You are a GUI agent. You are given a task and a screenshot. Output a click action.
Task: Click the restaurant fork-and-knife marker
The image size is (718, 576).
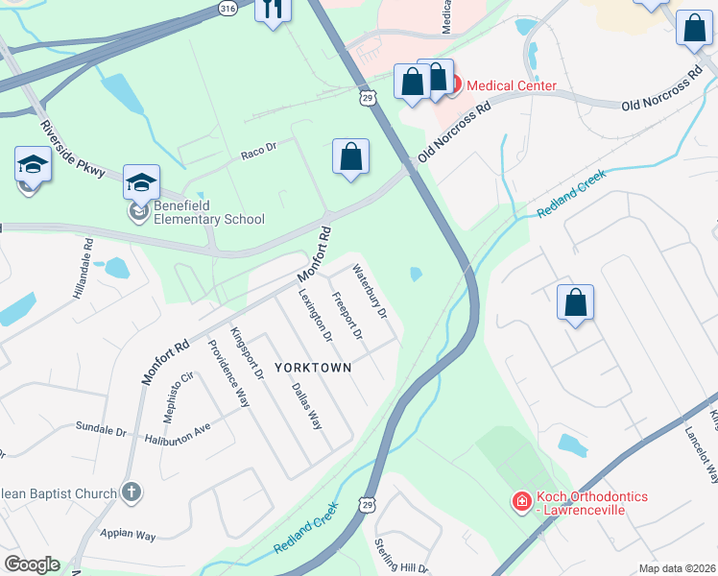[x=273, y=10]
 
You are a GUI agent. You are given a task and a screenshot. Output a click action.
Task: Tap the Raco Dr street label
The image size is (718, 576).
[x=258, y=150]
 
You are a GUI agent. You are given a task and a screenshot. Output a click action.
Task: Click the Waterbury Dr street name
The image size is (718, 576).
[x=369, y=292]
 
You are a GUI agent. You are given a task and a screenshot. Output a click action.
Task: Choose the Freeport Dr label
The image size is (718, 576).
[x=347, y=317]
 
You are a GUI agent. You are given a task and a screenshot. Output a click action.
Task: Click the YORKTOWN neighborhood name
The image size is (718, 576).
[x=313, y=368]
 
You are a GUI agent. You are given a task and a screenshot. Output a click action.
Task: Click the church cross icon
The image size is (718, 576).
[x=131, y=492]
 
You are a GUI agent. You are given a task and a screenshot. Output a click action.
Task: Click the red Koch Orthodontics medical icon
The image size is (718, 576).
[x=520, y=501]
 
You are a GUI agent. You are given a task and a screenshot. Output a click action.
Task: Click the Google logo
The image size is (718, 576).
[x=32, y=564]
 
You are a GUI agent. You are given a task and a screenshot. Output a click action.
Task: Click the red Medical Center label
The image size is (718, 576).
[x=512, y=86]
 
